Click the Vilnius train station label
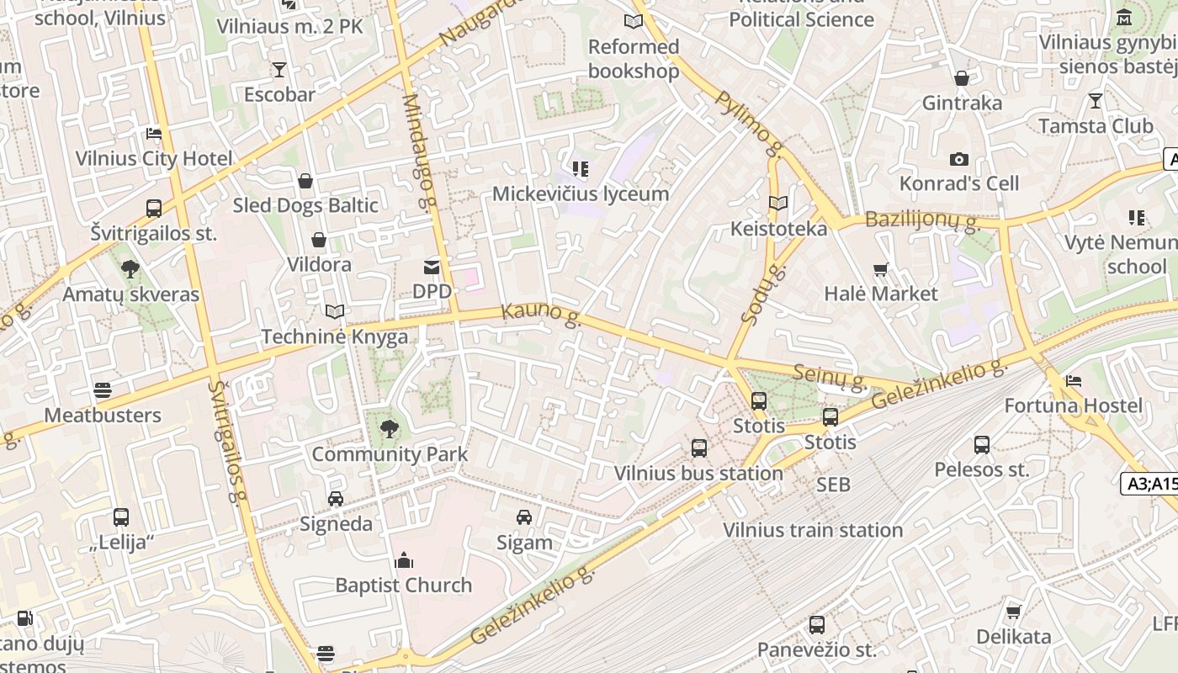pyautogui.click(x=813, y=530)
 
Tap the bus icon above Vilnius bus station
pyautogui.click(x=699, y=448)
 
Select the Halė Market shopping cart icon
pyautogui.click(x=881, y=270)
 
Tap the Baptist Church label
pyautogui.click(x=404, y=586)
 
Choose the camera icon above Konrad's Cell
pyautogui.click(x=958, y=159)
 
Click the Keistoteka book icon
pyautogui.click(x=778, y=204)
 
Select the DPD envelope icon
pyautogui.click(x=432, y=268)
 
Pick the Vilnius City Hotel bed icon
pyautogui.click(x=154, y=134)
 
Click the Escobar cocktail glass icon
pyautogui.click(x=279, y=69)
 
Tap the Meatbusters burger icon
pyautogui.click(x=103, y=390)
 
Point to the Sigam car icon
pyautogui.click(x=524, y=517)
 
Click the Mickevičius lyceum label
pyautogui.click(x=581, y=193)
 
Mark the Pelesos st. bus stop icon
pyautogui.click(x=982, y=445)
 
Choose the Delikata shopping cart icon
pyautogui.click(x=1014, y=612)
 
